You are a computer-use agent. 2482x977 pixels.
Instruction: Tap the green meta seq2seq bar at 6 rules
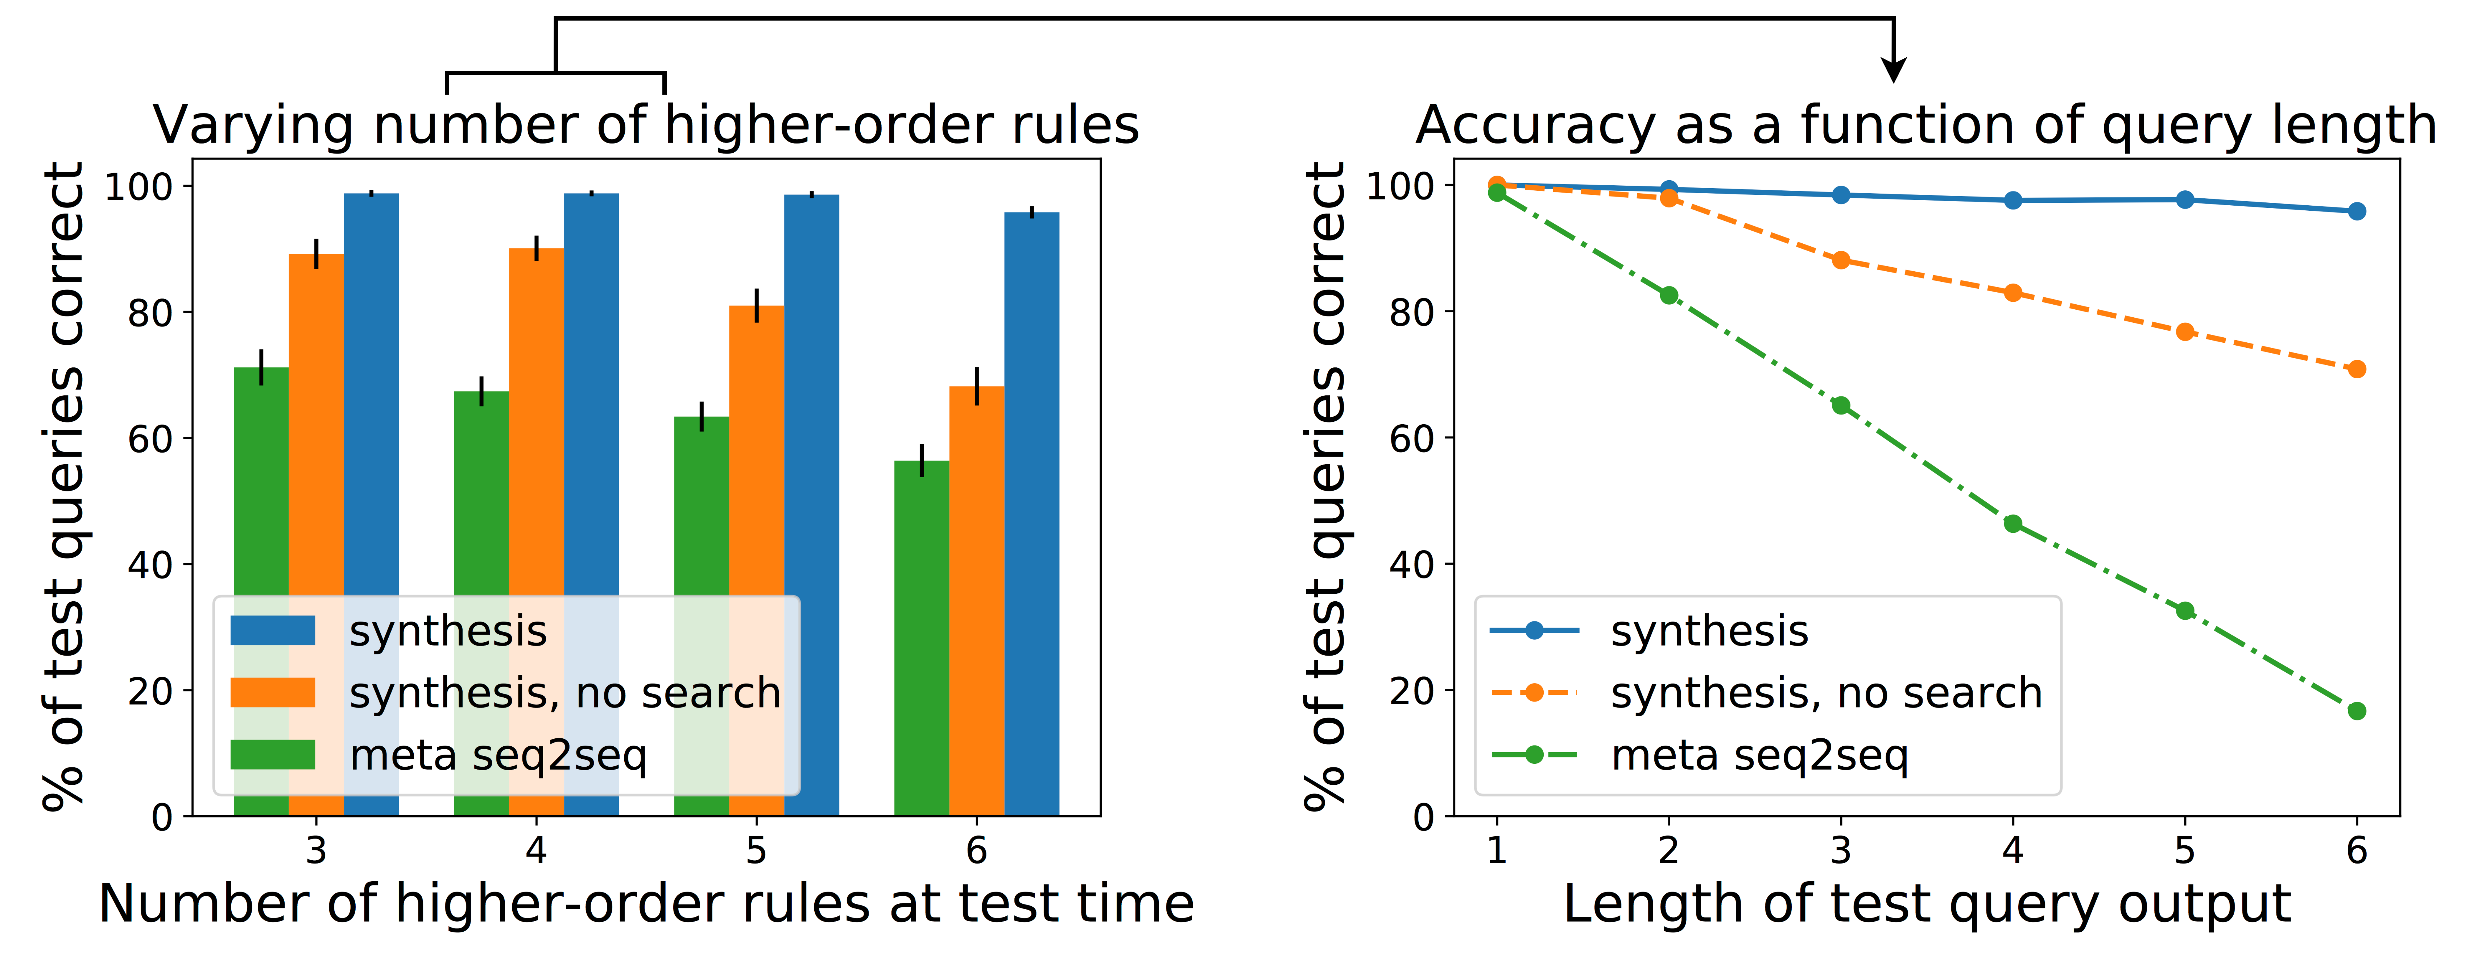(x=921, y=636)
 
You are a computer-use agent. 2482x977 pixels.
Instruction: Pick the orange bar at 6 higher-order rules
(x=976, y=597)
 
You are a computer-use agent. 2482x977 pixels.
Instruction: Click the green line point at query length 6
(x=2357, y=711)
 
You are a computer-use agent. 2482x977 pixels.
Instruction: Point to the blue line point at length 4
(x=2013, y=201)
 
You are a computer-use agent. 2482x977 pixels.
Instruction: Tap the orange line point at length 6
(x=2357, y=369)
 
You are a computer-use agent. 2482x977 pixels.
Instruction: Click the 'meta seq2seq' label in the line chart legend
(x=1759, y=755)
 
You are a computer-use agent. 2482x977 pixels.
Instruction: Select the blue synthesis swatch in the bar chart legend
(x=273, y=631)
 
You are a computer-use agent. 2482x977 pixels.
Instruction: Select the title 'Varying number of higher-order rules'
(x=646, y=125)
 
